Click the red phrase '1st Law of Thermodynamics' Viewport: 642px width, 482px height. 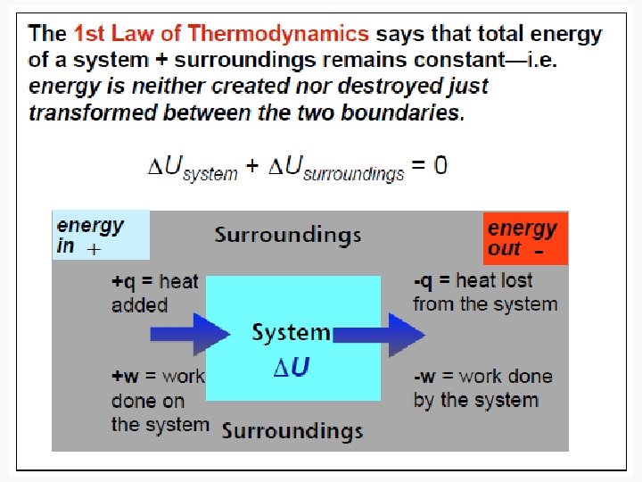(220, 35)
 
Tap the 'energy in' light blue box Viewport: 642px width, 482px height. (101, 236)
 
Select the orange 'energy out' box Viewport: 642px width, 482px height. (525, 238)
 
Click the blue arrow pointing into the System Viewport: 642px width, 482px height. (190, 335)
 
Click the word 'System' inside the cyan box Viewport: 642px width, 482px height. (291, 333)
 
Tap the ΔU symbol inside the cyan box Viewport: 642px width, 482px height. (292, 367)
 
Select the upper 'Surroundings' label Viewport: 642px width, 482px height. (287, 236)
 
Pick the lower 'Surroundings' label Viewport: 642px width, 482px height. (292, 431)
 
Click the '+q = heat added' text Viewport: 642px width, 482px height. (154, 293)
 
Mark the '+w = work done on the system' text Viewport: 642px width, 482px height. (159, 401)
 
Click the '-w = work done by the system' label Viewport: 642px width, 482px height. (482, 388)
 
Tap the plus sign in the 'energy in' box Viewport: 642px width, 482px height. (92, 251)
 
